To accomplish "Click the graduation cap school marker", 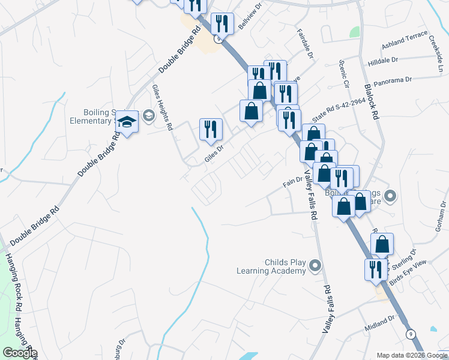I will pyautogui.click(x=127, y=122).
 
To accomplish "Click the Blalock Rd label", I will pyautogui.click(x=372, y=101).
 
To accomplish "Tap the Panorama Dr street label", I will pyautogui.click(x=392, y=79).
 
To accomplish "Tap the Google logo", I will pyautogui.click(x=20, y=353).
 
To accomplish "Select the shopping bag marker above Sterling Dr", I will pyautogui.click(x=382, y=245).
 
